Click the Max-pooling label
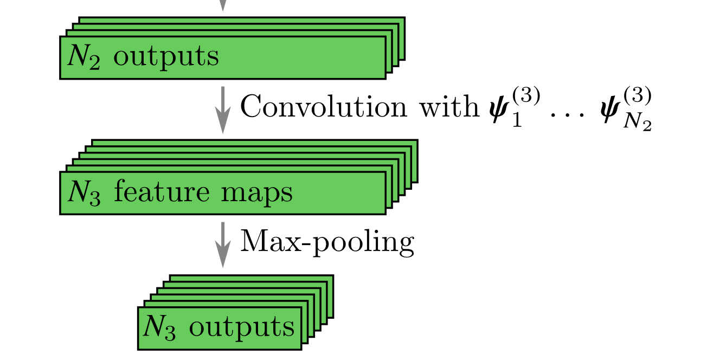pyautogui.click(x=327, y=241)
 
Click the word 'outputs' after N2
pyautogui.click(x=166, y=57)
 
